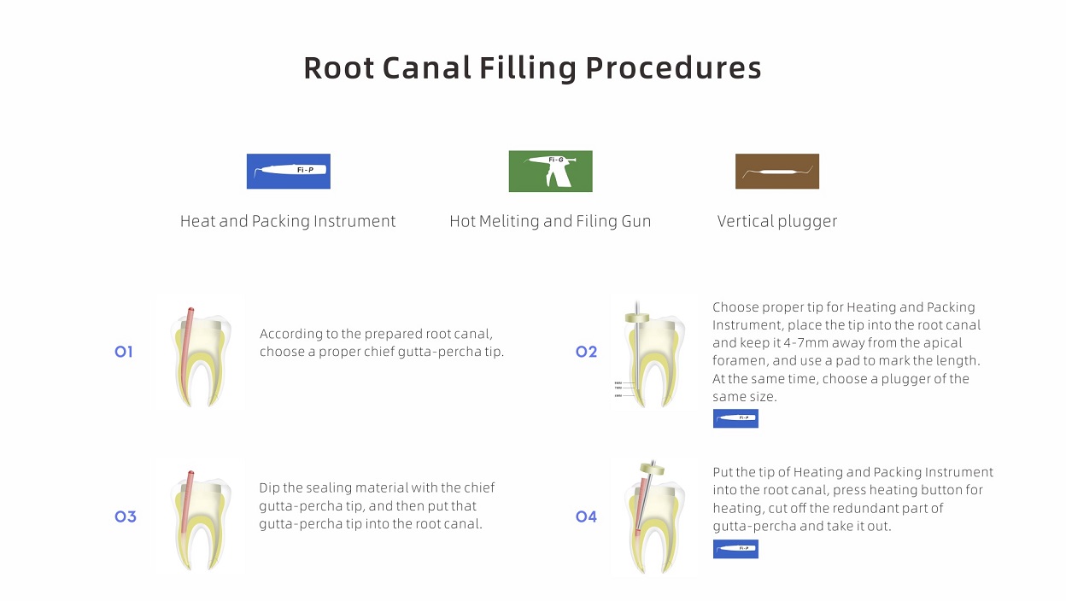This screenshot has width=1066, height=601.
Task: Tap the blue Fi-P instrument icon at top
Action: point(288,171)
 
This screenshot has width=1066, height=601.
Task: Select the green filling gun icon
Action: point(550,171)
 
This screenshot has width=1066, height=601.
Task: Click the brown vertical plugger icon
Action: point(776,172)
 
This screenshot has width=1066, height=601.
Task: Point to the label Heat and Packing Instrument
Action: point(288,222)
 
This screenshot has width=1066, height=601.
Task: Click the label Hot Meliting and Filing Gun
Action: point(550,222)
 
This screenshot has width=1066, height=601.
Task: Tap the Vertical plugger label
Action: point(776,222)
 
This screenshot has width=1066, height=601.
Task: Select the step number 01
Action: point(124,352)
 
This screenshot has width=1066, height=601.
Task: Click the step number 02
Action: point(586,352)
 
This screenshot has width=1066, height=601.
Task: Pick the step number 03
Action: point(125,516)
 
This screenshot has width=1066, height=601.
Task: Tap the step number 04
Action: point(586,516)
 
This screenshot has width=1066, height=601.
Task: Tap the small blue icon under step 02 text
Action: point(735,418)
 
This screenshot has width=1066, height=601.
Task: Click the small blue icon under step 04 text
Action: point(735,548)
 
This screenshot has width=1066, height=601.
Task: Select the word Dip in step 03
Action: point(270,488)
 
